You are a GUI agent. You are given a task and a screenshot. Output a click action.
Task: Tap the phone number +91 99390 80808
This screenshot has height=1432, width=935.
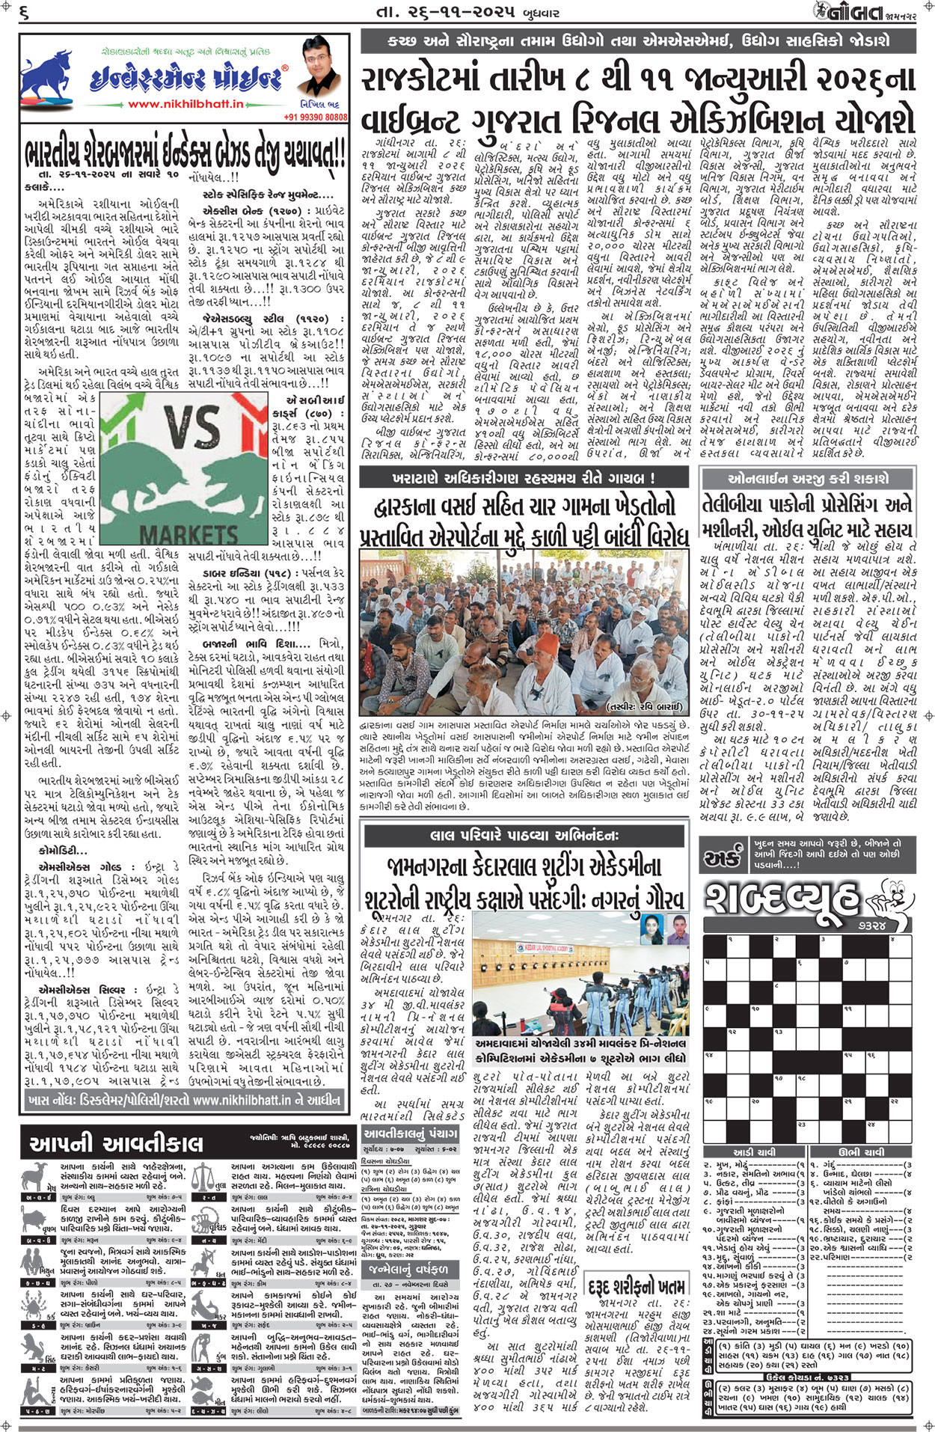(x=315, y=117)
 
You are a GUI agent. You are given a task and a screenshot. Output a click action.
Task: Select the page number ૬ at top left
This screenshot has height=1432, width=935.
(x=24, y=11)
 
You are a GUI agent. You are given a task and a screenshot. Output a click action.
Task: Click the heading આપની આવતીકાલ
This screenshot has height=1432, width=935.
(x=115, y=1142)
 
